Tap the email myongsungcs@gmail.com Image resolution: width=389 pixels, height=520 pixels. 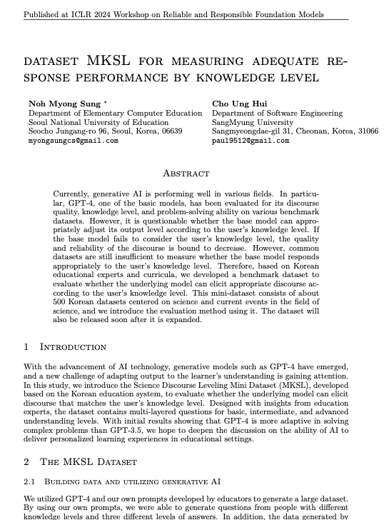point(74,141)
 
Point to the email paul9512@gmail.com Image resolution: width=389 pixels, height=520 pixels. point(251,141)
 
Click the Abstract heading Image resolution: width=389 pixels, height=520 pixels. point(186,173)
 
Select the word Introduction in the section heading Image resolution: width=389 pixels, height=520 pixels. point(73,347)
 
